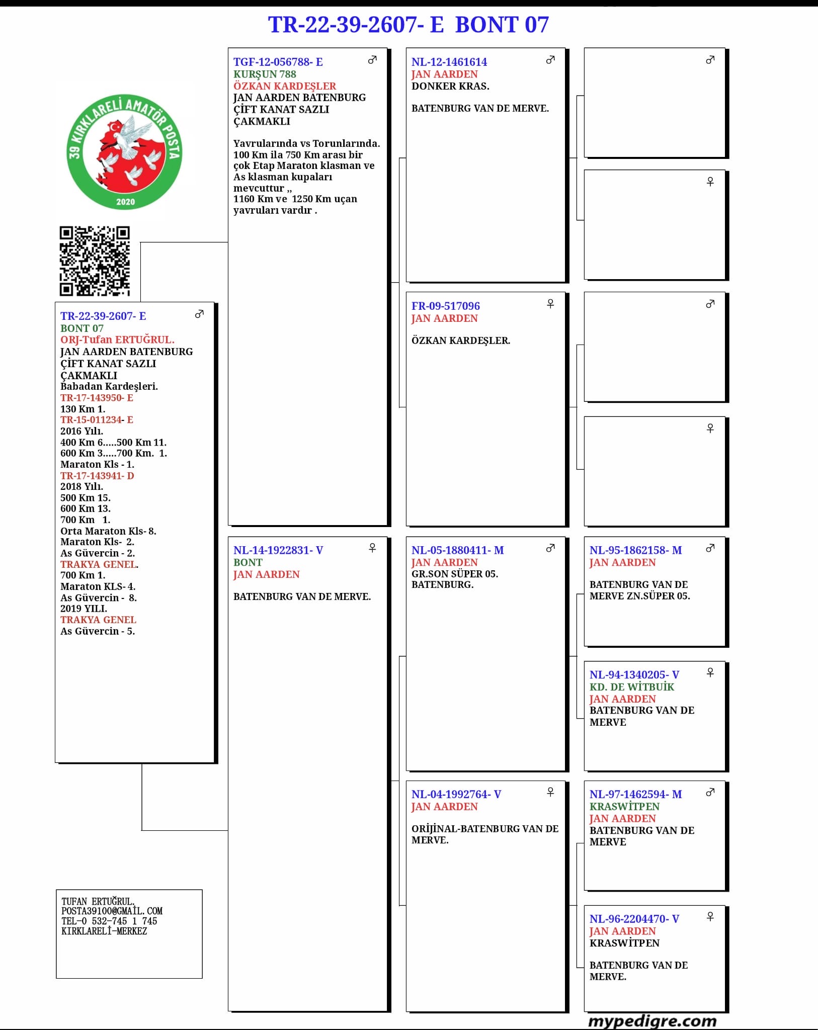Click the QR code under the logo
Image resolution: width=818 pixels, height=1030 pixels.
pyautogui.click(x=95, y=261)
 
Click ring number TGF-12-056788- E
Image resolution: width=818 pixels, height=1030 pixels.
pyautogui.click(x=278, y=62)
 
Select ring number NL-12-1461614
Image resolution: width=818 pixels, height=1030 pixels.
pyautogui.click(x=449, y=62)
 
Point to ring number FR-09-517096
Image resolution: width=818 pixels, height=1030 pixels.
pyautogui.click(x=445, y=306)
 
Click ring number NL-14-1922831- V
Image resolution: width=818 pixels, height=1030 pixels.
pyautogui.click(x=278, y=550)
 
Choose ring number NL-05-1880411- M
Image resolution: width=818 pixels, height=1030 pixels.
pyautogui.click(x=457, y=550)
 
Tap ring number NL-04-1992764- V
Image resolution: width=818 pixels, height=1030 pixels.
pyautogui.click(x=456, y=794)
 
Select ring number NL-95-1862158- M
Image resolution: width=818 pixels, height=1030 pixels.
pyautogui.click(x=635, y=550)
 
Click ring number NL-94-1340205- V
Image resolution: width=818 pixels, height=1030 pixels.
pyautogui.click(x=634, y=674)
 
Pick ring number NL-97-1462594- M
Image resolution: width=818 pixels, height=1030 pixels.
pyautogui.click(x=635, y=794)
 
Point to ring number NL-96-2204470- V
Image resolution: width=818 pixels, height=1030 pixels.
pyautogui.click(x=634, y=918)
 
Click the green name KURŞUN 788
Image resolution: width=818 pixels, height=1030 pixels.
pyautogui.click(x=265, y=74)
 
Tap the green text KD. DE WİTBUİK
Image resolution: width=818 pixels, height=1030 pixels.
pyautogui.click(x=631, y=686)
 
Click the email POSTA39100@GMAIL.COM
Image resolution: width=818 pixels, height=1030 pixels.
pyautogui.click(x=112, y=911)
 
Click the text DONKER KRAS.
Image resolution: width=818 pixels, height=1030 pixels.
pyautogui.click(x=450, y=86)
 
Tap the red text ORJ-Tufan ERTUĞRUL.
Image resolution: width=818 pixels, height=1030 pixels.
pyautogui.click(x=117, y=339)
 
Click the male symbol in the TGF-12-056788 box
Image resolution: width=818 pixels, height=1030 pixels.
pyautogui.click(x=372, y=60)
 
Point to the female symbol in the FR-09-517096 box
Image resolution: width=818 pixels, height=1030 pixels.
pyautogui.click(x=550, y=304)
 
